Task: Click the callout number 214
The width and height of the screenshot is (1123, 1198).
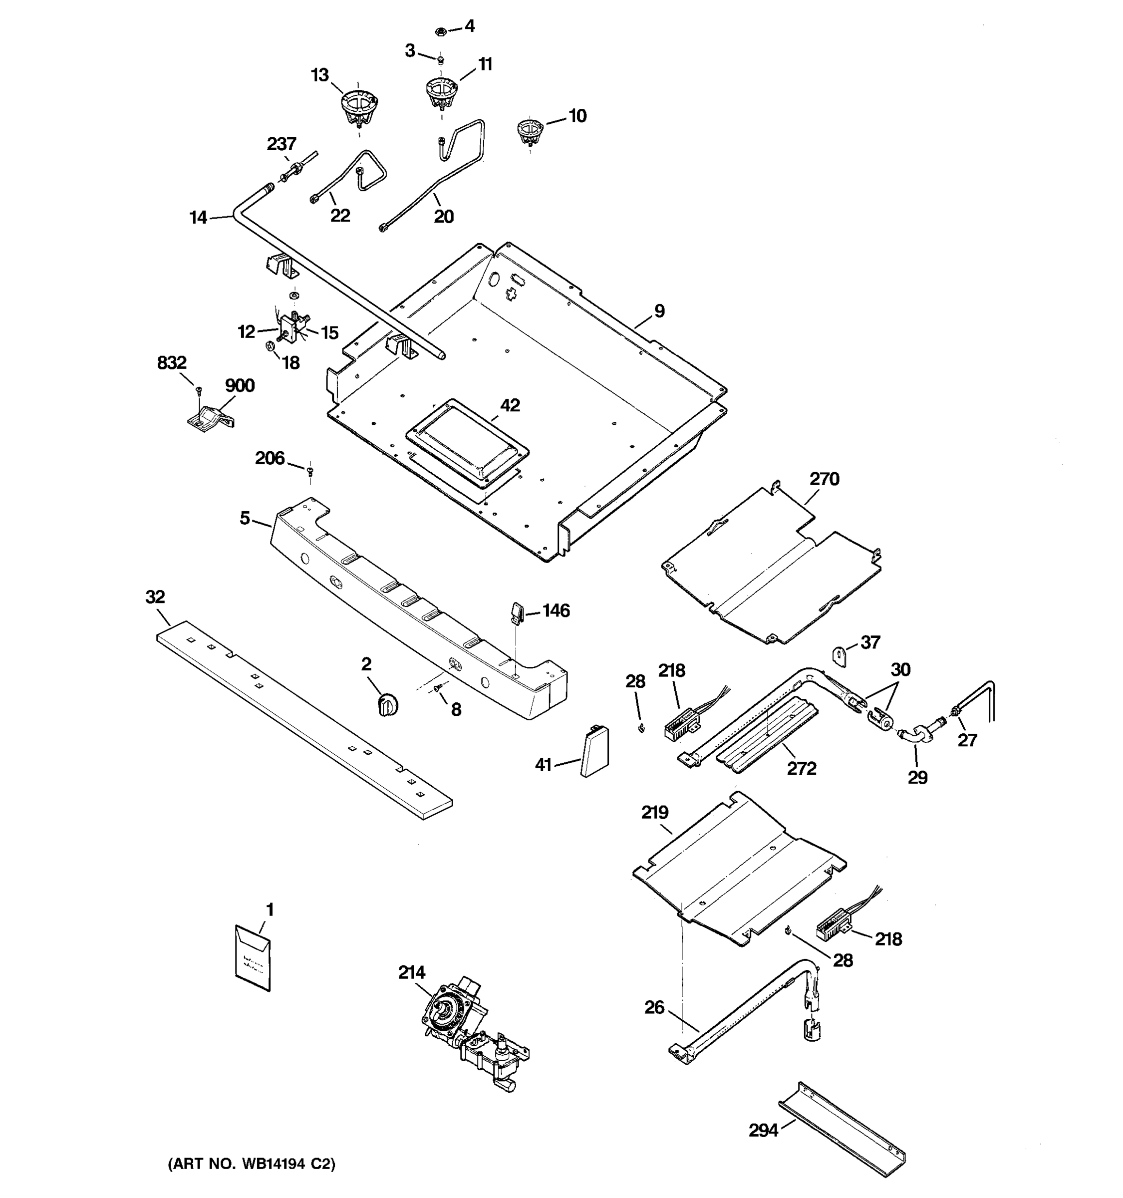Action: point(411,972)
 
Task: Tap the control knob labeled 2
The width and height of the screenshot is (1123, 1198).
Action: point(387,704)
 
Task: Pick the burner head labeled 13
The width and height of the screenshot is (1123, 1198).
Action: point(358,107)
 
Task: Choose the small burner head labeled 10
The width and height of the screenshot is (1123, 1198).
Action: point(530,131)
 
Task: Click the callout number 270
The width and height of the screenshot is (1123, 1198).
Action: point(824,479)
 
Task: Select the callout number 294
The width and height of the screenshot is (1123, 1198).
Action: point(763,1131)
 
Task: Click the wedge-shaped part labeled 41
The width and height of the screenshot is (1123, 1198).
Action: point(594,751)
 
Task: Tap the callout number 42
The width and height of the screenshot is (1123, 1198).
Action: point(510,405)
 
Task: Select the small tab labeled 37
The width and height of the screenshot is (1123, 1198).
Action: point(841,655)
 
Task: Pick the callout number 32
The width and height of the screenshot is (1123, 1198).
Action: point(155,597)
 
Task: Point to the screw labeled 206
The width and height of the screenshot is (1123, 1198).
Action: point(310,471)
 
